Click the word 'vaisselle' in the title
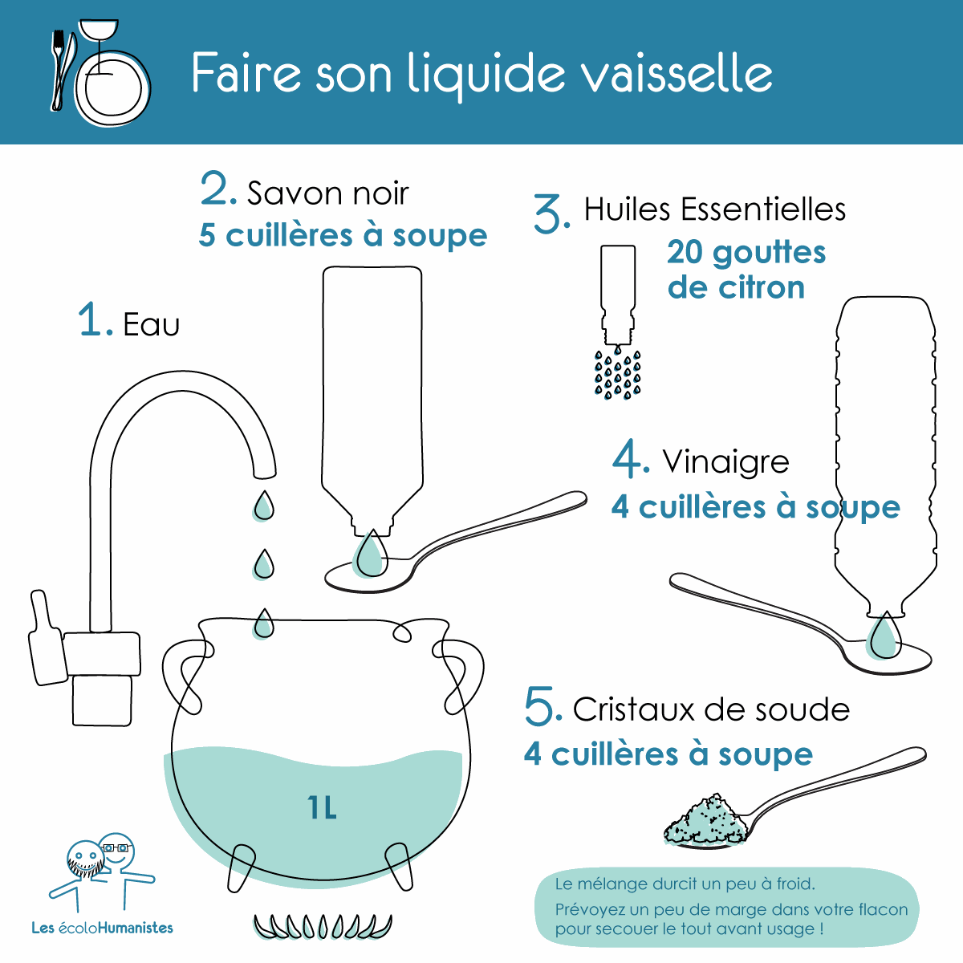point(679,73)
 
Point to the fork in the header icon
point(59,70)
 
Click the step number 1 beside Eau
point(90,319)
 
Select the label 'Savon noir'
point(328,193)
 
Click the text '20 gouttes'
point(746,254)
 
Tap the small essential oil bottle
point(618,295)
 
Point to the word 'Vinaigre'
point(725,462)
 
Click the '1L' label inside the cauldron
point(322,807)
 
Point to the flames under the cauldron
point(323,925)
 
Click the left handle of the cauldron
point(186,677)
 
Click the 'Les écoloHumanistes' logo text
point(103,928)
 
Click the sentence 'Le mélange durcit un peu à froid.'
point(685,884)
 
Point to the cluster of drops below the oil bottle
point(618,373)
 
